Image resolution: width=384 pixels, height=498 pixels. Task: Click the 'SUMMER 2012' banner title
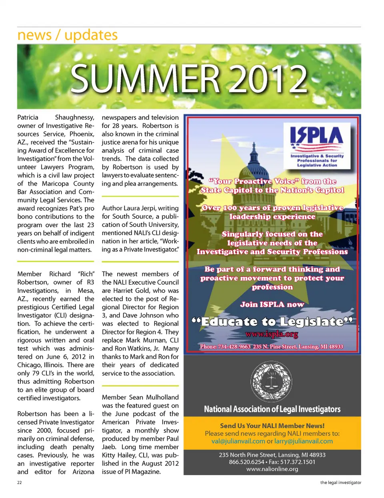tap(189, 78)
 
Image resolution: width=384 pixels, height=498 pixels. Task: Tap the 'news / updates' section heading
tap(67, 35)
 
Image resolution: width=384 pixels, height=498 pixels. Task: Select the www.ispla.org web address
tap(272, 334)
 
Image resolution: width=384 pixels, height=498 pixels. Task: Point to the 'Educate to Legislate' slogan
tap(272, 322)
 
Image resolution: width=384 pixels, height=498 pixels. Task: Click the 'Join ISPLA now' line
tap(272, 304)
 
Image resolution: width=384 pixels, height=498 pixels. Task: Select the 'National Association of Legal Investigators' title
tap(272, 409)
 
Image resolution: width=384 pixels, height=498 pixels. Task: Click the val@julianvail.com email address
tap(238, 441)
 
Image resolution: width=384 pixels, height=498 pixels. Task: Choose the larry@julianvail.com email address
tap(304, 441)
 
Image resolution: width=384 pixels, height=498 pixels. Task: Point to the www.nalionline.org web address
tap(272, 469)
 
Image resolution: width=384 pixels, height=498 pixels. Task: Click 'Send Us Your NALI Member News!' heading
tap(272, 426)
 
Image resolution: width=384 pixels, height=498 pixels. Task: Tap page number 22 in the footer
tap(20, 482)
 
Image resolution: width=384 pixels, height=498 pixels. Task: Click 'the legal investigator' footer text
tap(340, 482)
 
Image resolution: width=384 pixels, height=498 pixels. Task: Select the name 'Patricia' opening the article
tap(28, 117)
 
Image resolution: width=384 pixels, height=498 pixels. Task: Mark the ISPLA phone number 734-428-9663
tap(234, 346)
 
